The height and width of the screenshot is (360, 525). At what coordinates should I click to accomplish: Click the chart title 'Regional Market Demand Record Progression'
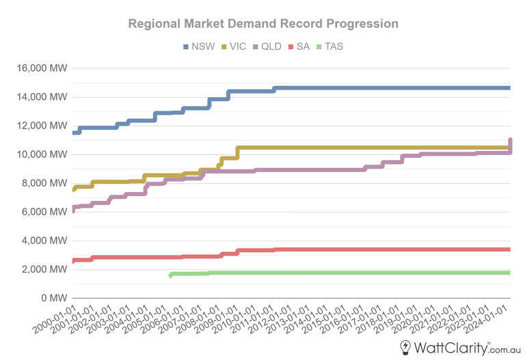tap(263, 24)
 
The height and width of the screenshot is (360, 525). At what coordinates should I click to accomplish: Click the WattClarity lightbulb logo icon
tap(405, 347)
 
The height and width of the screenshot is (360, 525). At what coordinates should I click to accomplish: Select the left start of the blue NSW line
tap(73, 132)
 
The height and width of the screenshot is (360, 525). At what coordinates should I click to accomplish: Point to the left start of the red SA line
tap(73, 261)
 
